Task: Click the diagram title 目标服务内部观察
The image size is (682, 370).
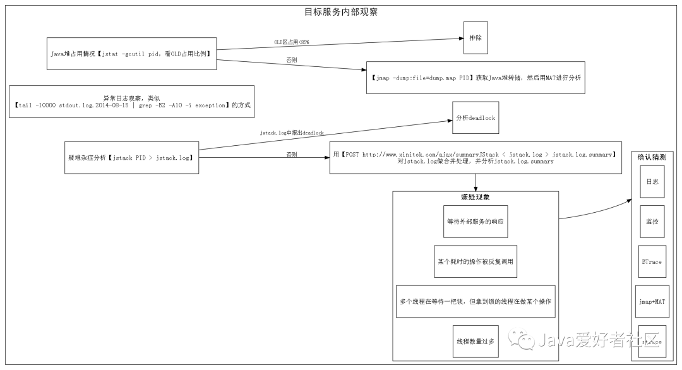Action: (341, 11)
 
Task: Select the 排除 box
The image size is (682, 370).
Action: (475, 38)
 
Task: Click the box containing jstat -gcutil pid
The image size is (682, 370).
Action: (131, 54)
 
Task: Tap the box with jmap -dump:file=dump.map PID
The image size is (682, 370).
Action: (476, 77)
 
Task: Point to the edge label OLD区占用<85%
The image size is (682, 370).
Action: (291, 42)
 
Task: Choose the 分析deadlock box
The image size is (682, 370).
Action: (475, 117)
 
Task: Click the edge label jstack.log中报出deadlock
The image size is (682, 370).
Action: (292, 133)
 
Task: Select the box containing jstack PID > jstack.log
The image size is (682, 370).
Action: (131, 157)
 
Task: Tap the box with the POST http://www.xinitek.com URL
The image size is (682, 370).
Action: (475, 157)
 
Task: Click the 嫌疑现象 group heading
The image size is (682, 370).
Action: (475, 197)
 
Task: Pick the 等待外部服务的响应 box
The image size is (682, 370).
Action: (475, 222)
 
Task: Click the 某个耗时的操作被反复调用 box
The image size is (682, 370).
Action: (475, 261)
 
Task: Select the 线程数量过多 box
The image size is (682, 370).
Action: (475, 341)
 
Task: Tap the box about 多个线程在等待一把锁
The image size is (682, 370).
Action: (475, 301)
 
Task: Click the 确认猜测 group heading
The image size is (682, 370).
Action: (651, 157)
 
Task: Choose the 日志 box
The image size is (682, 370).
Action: (652, 181)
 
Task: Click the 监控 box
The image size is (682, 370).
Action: (652, 222)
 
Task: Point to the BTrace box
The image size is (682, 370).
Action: (652, 261)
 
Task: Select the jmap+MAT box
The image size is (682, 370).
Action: (652, 301)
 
